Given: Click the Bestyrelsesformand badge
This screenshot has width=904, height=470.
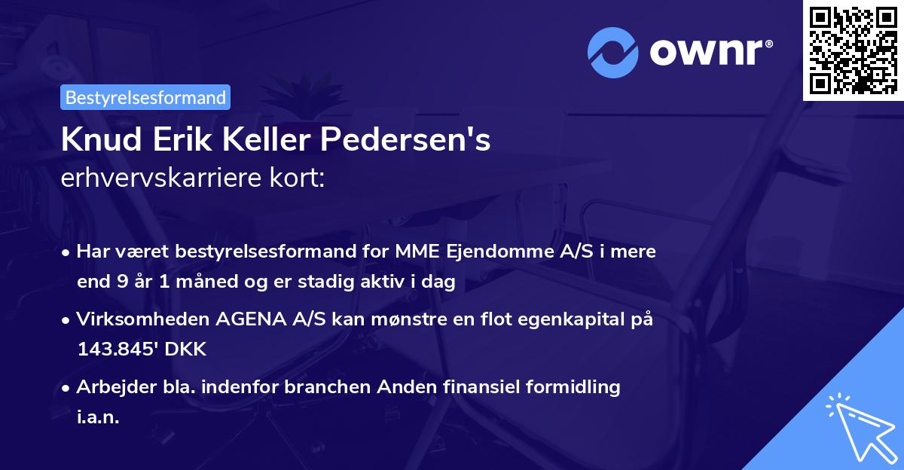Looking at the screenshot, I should coord(145,98).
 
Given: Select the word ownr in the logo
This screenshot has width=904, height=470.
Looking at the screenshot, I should coord(709,53).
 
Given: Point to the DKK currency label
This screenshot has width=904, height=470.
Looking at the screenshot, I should coord(186,350).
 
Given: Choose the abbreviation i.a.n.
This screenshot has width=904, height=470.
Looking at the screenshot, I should coord(99,418).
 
